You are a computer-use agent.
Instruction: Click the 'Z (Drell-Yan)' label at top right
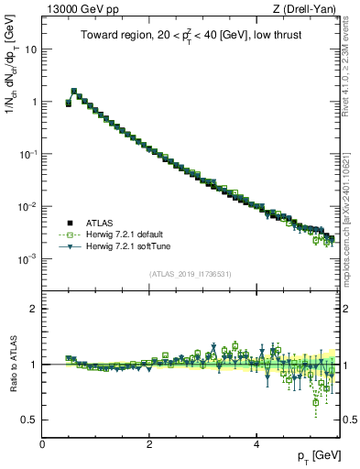(x=304, y=8)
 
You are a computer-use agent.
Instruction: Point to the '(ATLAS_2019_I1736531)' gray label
(x=190, y=273)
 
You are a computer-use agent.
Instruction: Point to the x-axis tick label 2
(x=149, y=444)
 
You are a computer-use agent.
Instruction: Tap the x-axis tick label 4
(x=256, y=444)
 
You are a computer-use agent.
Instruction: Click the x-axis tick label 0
(x=42, y=444)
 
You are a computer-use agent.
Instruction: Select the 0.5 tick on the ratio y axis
(x=30, y=420)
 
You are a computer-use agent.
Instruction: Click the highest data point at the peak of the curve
(x=74, y=92)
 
